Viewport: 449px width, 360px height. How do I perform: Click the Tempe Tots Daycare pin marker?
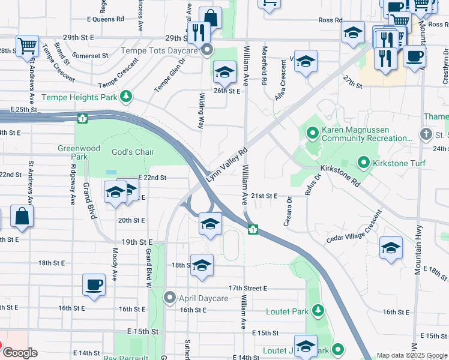pyautogui.click(x=207, y=50)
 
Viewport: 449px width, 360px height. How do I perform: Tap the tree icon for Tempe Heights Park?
pyautogui.click(x=125, y=97)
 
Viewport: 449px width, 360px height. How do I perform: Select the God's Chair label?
pyautogui.click(x=133, y=152)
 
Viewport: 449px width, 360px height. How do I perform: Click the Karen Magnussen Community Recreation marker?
pyautogui.click(x=312, y=133)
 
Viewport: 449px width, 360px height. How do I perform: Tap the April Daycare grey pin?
pyautogui.click(x=170, y=298)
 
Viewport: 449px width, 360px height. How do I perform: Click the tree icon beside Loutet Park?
pyautogui.click(x=318, y=311)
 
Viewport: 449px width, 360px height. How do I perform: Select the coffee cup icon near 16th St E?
pyautogui.click(x=94, y=285)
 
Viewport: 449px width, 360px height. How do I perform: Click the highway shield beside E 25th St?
pyautogui.click(x=82, y=118)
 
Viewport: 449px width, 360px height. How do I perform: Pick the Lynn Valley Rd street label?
pyautogui.click(x=227, y=166)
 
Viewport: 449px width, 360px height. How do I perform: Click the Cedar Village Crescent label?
pyautogui.click(x=354, y=227)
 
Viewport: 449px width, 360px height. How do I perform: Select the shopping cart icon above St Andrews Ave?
pyautogui.click(x=28, y=45)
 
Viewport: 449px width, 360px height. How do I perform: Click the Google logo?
pyautogui.click(x=20, y=352)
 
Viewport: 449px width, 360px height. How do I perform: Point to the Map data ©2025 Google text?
pyautogui.click(x=412, y=355)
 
